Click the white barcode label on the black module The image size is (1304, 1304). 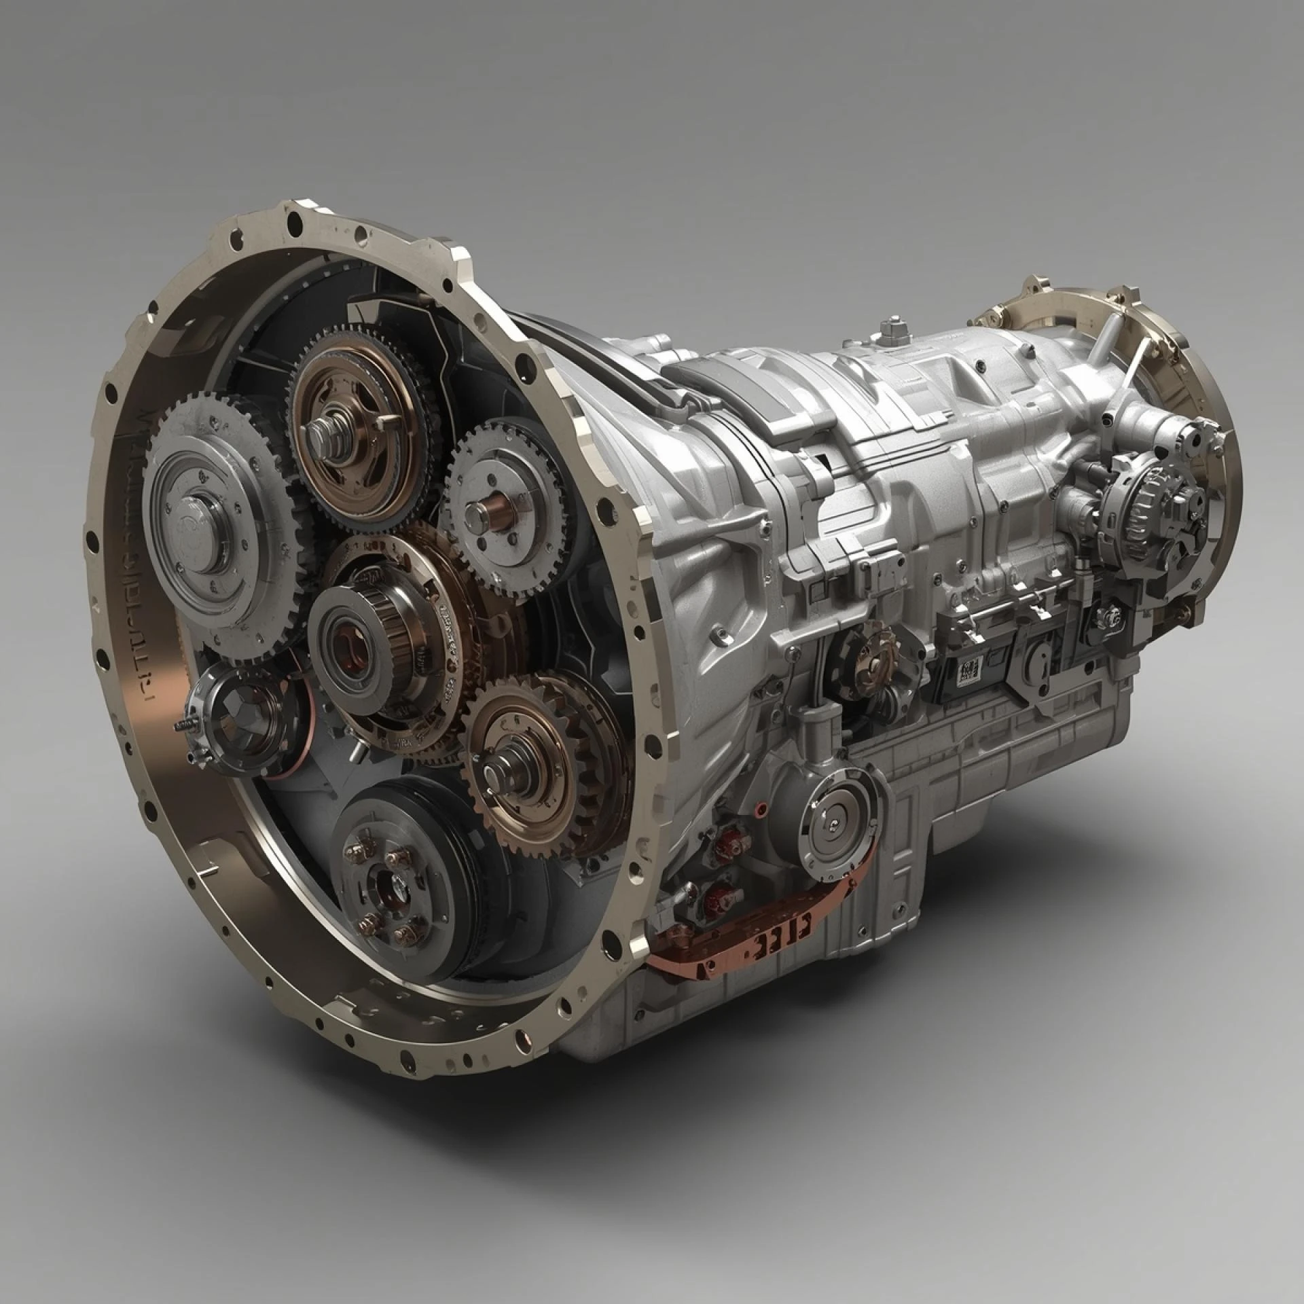click(968, 673)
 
